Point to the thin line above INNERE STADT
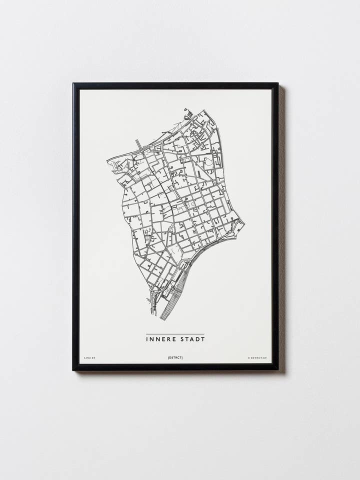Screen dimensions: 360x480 pyautogui.click(x=175, y=334)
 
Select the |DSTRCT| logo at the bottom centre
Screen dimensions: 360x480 pyautogui.click(x=175, y=358)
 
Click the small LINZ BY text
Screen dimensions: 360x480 pyautogui.click(x=89, y=358)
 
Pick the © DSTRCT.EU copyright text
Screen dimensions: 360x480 pyautogui.click(x=257, y=358)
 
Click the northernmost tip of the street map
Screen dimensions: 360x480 pyautogui.click(x=186, y=109)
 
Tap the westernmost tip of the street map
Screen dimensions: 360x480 pyautogui.click(x=107, y=160)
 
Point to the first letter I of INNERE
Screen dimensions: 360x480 pyautogui.click(x=147, y=339)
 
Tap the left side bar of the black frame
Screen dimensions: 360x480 pyautogui.click(x=75, y=225)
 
